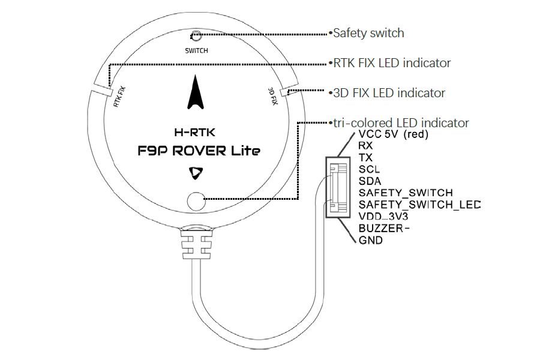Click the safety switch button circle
coord(196,35)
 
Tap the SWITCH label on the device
coord(196,50)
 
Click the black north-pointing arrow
coord(195,92)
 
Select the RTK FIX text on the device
coord(119,97)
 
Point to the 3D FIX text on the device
coord(273,96)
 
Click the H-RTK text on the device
coord(194,132)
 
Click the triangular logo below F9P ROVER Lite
coord(196,173)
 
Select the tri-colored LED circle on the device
coord(196,201)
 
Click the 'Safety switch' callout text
coord(368,33)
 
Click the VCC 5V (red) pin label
coord(393,134)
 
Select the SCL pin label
coord(369,169)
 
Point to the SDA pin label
coord(370,181)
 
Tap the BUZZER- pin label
coord(383,228)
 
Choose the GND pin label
coord(371,240)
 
